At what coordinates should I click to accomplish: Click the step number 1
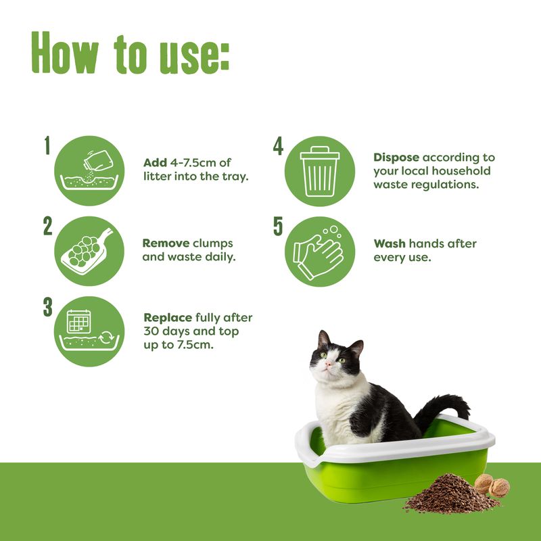47,145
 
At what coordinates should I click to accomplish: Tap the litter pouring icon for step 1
89,171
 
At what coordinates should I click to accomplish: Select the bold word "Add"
155,163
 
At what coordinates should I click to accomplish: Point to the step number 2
47,226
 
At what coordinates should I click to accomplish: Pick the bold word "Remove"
166,243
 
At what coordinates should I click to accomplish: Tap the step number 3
47,306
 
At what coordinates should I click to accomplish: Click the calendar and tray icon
89,331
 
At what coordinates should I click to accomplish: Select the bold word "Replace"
168,317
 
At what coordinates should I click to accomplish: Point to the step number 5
278,226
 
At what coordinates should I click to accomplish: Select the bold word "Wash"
390,243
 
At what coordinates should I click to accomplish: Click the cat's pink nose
328,364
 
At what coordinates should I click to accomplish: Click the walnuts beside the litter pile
492,485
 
